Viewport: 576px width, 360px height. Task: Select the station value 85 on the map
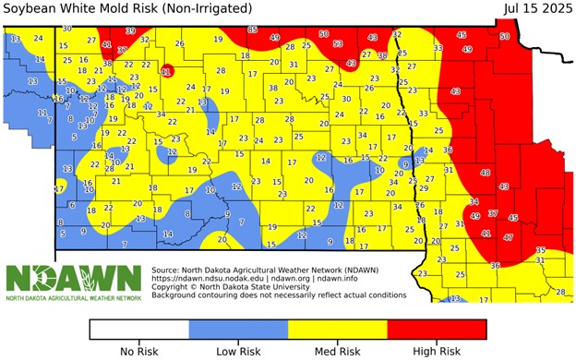click(253, 30)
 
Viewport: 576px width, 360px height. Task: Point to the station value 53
click(338, 43)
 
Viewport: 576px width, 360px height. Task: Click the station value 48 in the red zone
click(486, 173)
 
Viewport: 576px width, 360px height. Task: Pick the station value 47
click(508, 237)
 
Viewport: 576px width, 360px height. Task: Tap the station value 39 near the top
click(130, 30)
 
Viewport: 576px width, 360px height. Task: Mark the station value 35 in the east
click(540, 250)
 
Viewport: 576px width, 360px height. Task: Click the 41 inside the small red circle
click(166, 71)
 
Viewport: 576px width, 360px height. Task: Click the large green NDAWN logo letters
click(74, 277)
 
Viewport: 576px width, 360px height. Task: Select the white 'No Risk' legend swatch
click(138, 330)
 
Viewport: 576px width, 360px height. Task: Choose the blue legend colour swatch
click(238, 330)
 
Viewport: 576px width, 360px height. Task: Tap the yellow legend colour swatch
click(338, 330)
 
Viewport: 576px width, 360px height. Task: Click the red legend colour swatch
click(437, 330)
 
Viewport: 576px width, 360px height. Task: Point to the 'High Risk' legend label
click(437, 351)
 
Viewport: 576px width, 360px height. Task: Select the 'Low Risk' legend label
click(238, 351)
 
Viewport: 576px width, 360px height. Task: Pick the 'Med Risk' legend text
click(338, 351)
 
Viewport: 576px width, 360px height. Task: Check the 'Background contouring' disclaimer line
click(278, 294)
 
